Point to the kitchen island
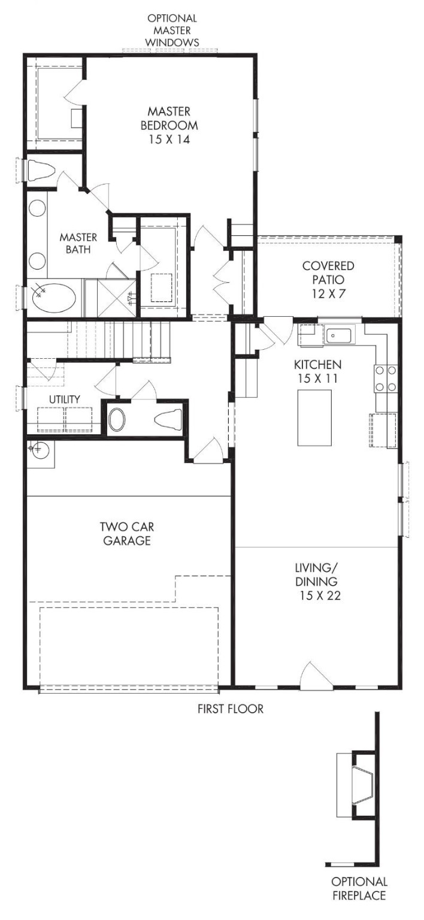pos(314,417)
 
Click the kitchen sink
pos(340,335)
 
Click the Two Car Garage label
pos(125,534)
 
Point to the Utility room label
pos(65,399)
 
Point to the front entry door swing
pos(314,676)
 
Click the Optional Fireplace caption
pos(359,888)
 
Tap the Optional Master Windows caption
pos(173,30)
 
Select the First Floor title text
pos(231,709)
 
